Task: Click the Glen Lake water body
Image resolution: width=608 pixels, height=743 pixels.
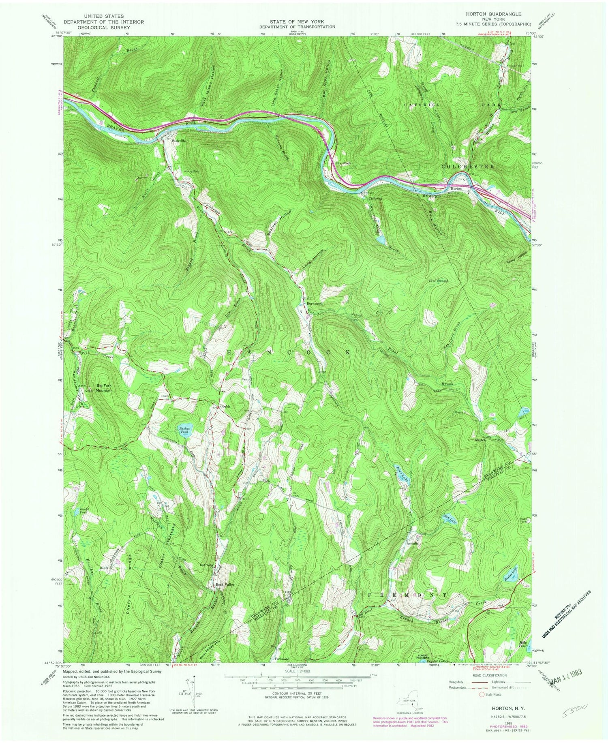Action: [x=451, y=518]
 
